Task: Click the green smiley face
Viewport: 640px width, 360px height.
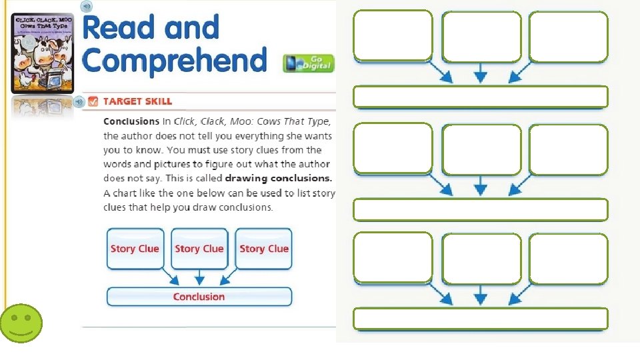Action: (21, 324)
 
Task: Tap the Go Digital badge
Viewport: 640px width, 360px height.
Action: (308, 63)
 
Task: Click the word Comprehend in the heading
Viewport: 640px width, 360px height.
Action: (175, 60)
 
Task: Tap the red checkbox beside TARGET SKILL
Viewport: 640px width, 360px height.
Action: (93, 101)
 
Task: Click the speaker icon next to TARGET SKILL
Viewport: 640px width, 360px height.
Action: (79, 101)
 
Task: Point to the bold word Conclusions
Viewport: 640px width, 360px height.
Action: (131, 122)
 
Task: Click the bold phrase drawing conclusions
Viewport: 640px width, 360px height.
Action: (279, 179)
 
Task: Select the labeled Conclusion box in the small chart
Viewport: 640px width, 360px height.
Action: (199, 297)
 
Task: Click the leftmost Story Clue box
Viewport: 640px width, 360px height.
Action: (135, 249)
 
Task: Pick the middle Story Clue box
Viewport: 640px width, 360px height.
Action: (199, 249)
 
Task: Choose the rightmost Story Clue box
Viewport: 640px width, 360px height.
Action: (264, 249)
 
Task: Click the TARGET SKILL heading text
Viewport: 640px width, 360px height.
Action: (137, 101)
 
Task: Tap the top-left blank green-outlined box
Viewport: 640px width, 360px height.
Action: (393, 35)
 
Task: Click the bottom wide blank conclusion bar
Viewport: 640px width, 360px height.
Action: (480, 319)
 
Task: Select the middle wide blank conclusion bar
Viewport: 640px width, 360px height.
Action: (480, 209)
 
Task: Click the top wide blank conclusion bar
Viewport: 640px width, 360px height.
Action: (480, 97)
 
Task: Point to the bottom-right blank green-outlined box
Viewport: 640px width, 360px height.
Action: (568, 259)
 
